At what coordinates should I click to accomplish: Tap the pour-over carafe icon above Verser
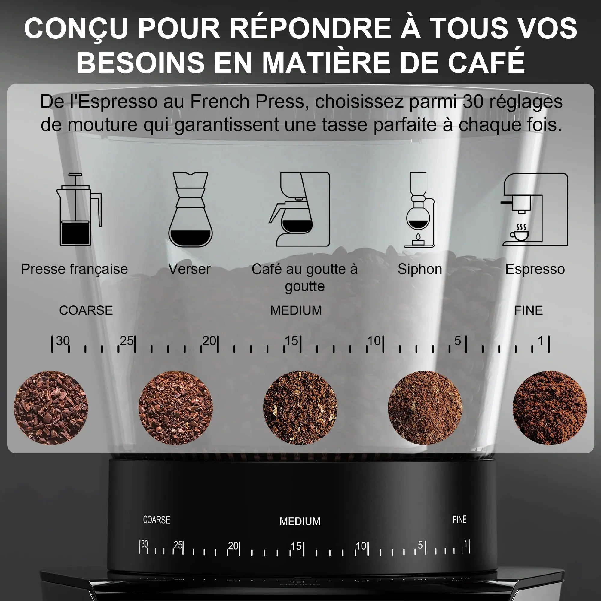pos(191,210)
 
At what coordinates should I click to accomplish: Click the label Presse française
pos(74,269)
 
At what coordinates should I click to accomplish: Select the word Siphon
pos(419,269)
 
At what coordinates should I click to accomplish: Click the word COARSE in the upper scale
pos(86,310)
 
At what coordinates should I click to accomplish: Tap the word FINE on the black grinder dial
pos(459,520)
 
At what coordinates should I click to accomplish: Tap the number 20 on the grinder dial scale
pos(233,546)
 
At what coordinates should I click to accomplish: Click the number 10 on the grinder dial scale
pos(361,546)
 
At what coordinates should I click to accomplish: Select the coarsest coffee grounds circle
pos(51,408)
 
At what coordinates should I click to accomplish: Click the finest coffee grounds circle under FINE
pos(550,408)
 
